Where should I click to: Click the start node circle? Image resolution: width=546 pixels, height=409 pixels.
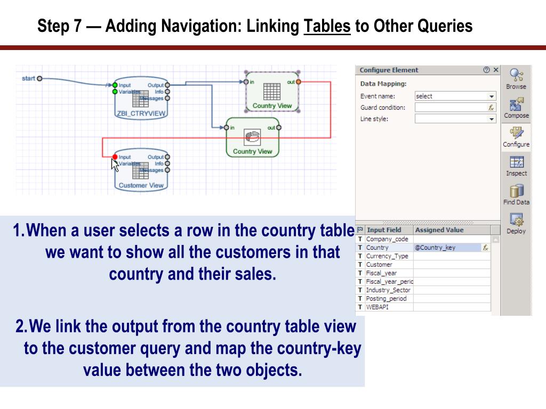click(x=39, y=79)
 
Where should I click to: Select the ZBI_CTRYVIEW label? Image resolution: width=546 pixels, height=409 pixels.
click(x=141, y=113)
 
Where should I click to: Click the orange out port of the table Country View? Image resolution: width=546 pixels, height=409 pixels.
click(x=298, y=82)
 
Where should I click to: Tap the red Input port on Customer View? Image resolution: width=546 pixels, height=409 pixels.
click(x=115, y=157)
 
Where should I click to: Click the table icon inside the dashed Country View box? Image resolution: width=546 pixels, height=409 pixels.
click(x=272, y=92)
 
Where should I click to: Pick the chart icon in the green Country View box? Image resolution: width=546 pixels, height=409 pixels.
click(x=252, y=137)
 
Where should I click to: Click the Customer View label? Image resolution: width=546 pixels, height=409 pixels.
click(x=141, y=185)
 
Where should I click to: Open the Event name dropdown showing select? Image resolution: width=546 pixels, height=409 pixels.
click(x=455, y=96)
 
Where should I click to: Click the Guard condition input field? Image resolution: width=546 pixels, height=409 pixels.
click(x=451, y=108)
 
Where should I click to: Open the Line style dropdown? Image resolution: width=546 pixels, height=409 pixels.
click(x=455, y=119)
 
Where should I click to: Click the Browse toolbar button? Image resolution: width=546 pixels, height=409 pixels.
click(x=516, y=79)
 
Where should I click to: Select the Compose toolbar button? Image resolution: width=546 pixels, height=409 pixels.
click(x=516, y=108)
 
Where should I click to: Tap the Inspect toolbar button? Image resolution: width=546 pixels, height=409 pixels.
click(x=516, y=166)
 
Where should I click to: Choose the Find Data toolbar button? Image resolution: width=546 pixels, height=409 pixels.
click(x=516, y=194)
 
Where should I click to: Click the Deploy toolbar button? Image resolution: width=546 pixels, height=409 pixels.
click(x=516, y=224)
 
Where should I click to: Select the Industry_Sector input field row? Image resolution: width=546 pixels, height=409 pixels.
click(x=388, y=290)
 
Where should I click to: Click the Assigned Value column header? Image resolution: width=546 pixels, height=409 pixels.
click(x=439, y=230)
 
